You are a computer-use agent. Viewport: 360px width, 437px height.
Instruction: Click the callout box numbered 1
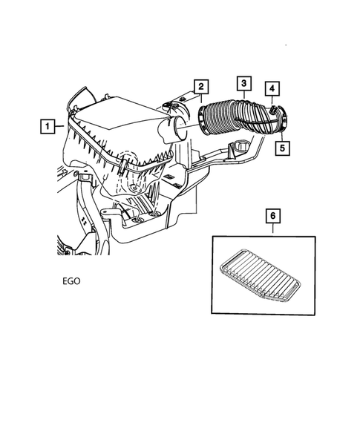pos(47,127)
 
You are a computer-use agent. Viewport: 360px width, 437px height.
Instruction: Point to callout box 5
pos(283,147)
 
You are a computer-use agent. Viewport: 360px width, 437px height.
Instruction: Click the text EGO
pos(73,282)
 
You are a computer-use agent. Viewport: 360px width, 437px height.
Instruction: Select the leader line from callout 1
pos(62,127)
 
